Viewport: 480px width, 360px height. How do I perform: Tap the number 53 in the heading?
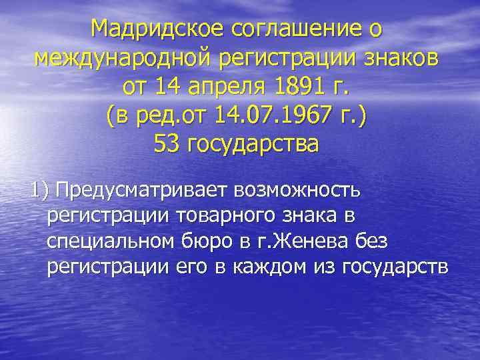tap(165, 145)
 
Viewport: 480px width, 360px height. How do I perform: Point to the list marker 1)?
tap(39, 191)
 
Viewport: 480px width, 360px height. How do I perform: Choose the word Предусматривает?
tap(142, 191)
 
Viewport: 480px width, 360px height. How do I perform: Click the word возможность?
tap(297, 191)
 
